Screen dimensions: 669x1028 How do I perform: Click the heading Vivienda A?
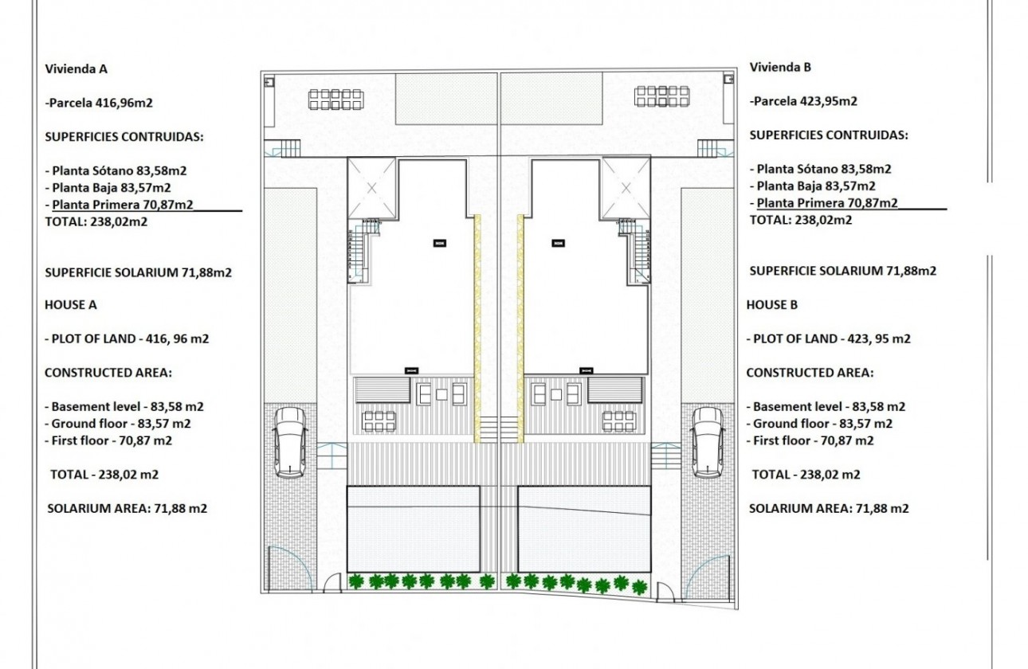pyautogui.click(x=76, y=68)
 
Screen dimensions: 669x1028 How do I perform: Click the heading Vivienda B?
pyautogui.click(x=780, y=68)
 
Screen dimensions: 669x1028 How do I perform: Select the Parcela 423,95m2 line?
pyautogui.click(x=803, y=101)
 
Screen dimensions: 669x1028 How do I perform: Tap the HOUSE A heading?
pyautogui.click(x=70, y=304)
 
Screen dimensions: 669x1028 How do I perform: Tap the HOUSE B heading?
pyautogui.click(x=771, y=304)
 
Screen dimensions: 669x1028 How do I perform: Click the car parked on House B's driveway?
pyautogui.click(x=707, y=441)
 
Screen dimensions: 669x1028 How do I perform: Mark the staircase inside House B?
pyautogui.click(x=634, y=253)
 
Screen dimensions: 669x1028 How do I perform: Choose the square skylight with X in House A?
pyautogui.click(x=372, y=187)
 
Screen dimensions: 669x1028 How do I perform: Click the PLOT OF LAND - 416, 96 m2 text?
pyautogui.click(x=127, y=338)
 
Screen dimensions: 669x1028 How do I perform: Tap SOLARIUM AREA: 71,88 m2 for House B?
pyautogui.click(x=829, y=508)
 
